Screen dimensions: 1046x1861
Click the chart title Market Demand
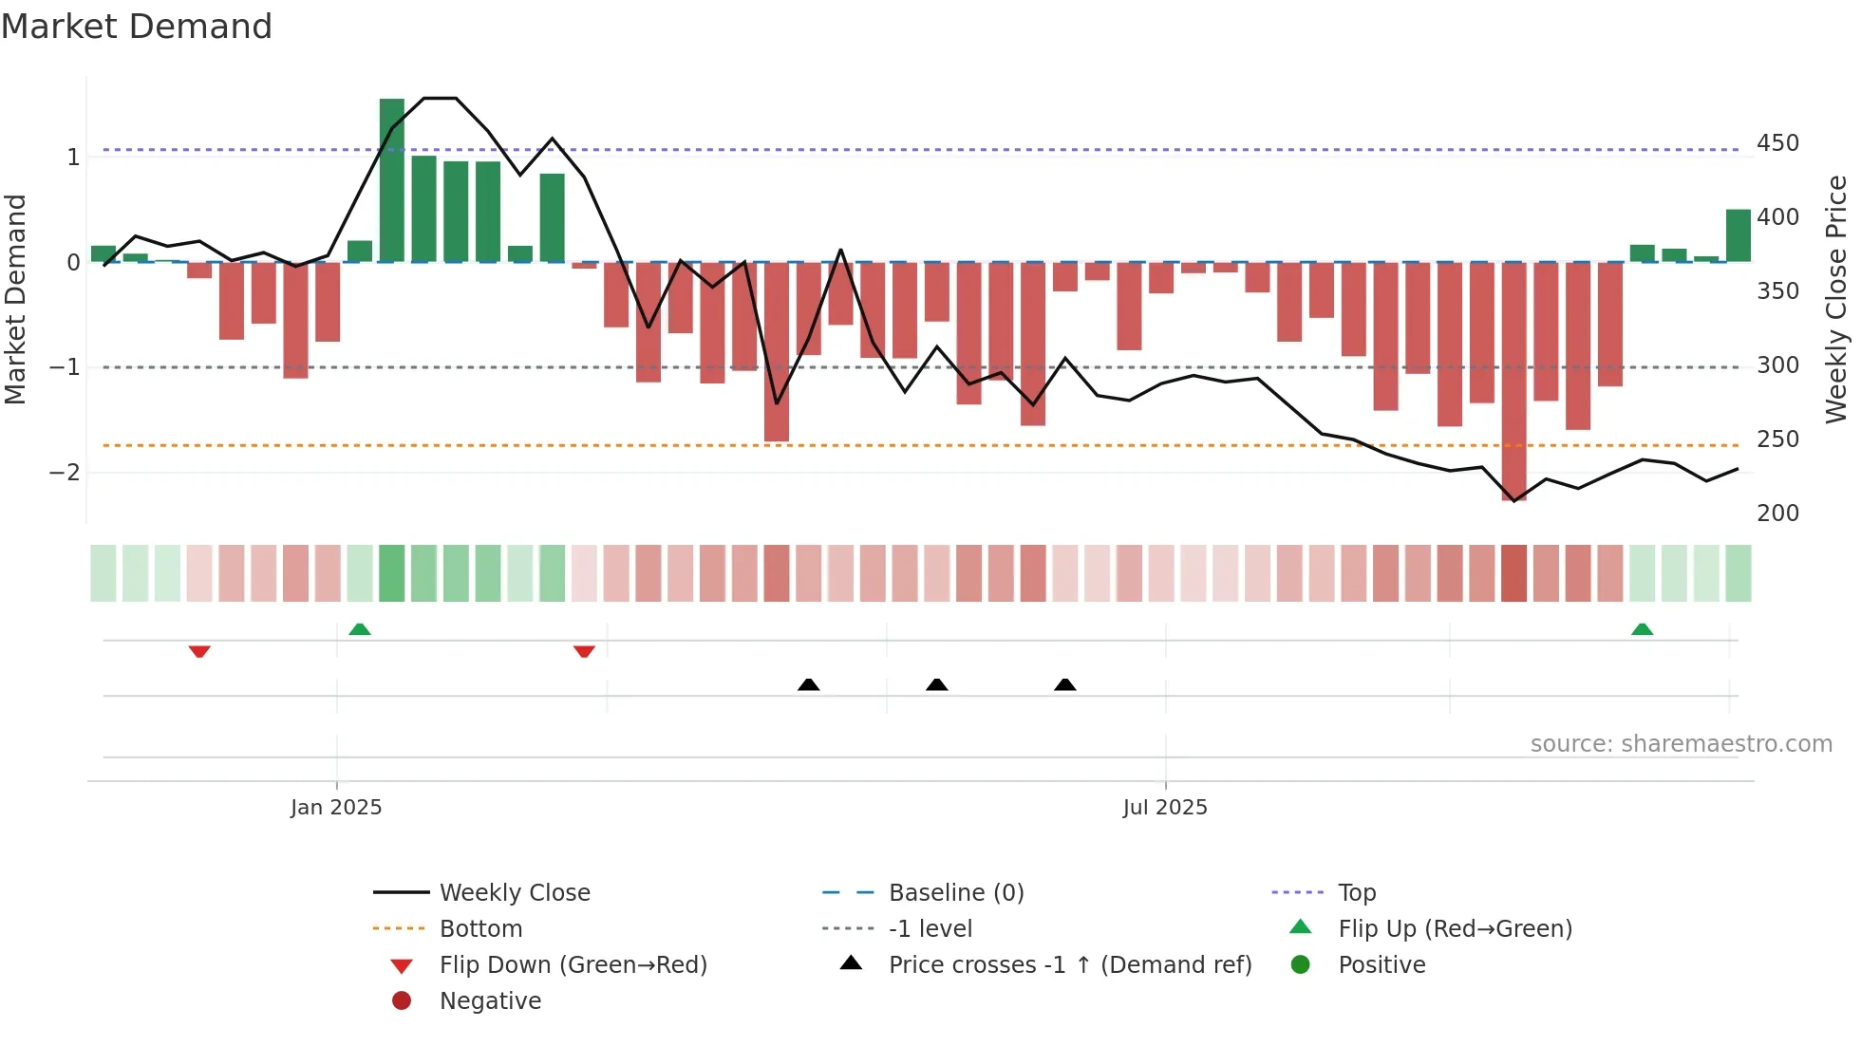[137, 27]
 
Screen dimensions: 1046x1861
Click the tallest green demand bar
[392, 180]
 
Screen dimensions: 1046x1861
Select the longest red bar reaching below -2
[1513, 380]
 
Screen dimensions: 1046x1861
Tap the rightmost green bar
[1738, 235]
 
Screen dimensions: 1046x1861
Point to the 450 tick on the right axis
[1777, 143]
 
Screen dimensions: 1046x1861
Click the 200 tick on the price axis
[1777, 514]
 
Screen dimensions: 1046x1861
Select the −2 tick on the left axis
[65, 473]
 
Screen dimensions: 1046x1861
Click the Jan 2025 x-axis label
[336, 808]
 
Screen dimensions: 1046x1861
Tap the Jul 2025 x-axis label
[1165, 808]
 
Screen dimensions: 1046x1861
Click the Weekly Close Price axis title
[1836, 299]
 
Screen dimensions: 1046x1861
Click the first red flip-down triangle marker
[199, 651]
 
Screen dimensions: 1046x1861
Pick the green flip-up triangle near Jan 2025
[360, 629]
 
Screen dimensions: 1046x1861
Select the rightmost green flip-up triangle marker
[1642, 629]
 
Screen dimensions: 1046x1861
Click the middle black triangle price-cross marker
[936, 684]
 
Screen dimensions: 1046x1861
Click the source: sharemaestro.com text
[1681, 744]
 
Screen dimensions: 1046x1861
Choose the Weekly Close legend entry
[514, 893]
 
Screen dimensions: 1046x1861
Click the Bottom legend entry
[480, 929]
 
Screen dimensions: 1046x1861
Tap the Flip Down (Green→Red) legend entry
[573, 965]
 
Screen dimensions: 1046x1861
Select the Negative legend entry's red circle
[402, 1000]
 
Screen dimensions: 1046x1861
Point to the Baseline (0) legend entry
[955, 893]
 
